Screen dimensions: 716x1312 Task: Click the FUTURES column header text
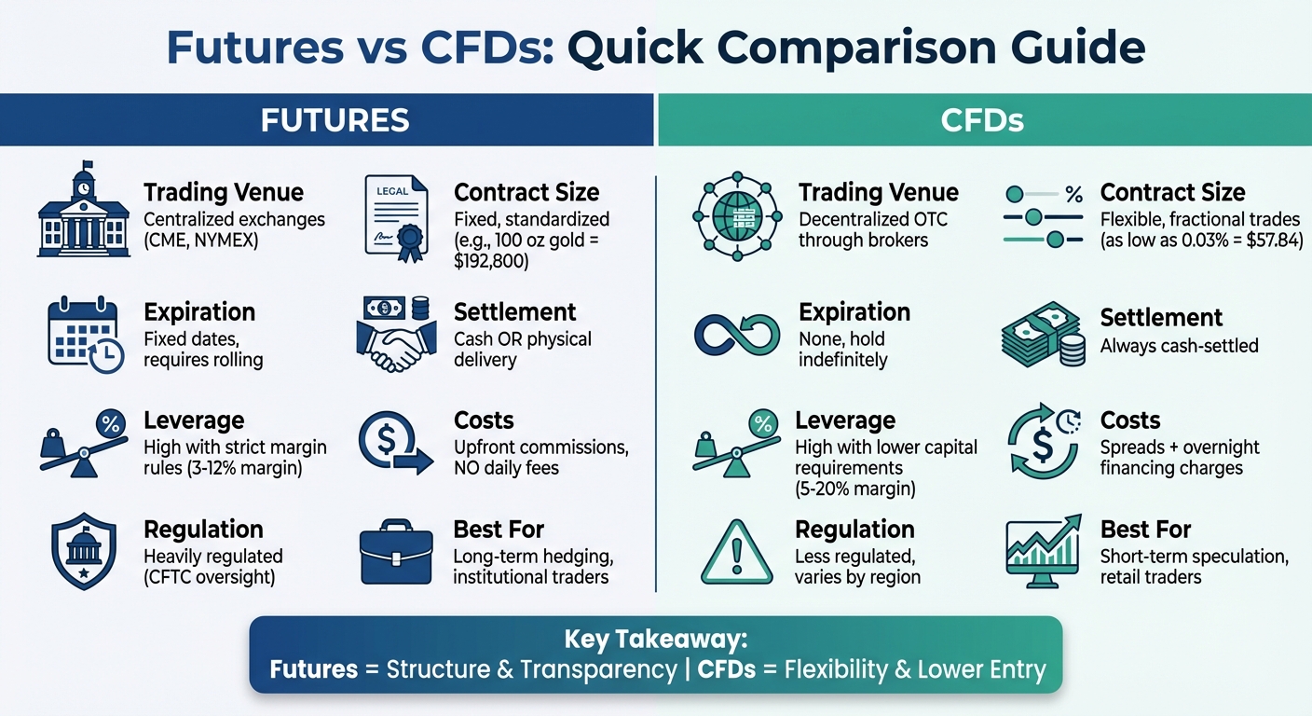coord(335,120)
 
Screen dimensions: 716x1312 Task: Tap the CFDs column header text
coord(984,120)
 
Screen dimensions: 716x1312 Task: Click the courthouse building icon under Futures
coord(84,210)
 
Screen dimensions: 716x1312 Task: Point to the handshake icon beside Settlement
coord(395,336)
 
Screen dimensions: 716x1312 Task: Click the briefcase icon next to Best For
coord(395,555)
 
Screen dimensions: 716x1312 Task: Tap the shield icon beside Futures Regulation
coord(84,552)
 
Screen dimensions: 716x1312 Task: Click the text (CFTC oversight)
coord(210,577)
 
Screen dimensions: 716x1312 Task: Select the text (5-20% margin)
coord(856,488)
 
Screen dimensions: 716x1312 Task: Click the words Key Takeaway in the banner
coord(655,640)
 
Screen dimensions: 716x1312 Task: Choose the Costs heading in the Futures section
coord(484,420)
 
